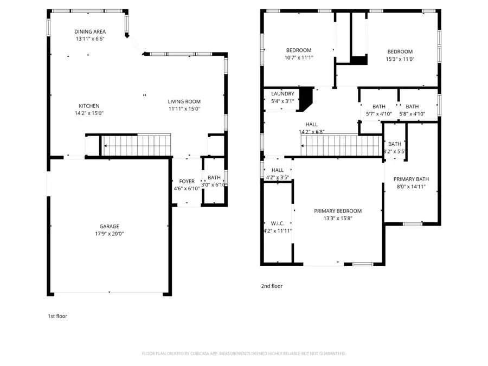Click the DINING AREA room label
(x=90, y=31)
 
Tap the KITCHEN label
(x=89, y=106)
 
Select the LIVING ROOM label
(x=184, y=101)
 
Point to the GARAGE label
(x=109, y=227)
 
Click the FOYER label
(x=187, y=182)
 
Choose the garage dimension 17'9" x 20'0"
(x=109, y=234)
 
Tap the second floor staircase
(x=339, y=145)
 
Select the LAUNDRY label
(x=282, y=94)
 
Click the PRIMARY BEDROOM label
(x=338, y=211)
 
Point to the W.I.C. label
(x=277, y=223)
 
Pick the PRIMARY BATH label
(x=411, y=179)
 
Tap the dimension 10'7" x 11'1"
(x=299, y=57)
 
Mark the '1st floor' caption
(x=57, y=316)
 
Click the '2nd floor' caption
(x=272, y=286)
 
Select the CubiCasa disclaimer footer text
(x=243, y=354)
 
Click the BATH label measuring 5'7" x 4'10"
(x=378, y=107)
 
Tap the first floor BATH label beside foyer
(x=214, y=177)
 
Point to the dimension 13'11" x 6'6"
(x=90, y=39)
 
